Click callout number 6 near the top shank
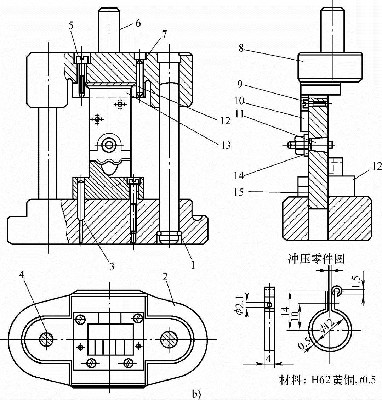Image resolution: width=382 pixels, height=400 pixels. (138, 23)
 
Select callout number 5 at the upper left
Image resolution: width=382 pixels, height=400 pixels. (71, 26)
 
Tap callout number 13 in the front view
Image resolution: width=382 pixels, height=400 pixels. (225, 145)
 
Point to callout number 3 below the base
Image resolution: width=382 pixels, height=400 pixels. (112, 267)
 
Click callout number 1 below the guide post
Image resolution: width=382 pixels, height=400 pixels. (193, 265)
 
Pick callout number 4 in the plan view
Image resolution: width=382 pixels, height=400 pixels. (22, 275)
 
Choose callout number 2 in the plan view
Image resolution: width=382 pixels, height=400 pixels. (165, 277)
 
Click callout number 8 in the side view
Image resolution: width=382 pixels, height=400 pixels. (241, 48)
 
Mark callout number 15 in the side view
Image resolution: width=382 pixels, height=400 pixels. (239, 192)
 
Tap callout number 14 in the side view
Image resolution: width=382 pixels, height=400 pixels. (239, 175)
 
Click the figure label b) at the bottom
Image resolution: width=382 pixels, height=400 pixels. (196, 395)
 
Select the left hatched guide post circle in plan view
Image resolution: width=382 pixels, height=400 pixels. (47, 339)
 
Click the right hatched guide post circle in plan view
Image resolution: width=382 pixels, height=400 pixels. (169, 339)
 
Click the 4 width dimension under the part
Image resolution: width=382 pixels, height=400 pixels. (269, 359)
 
